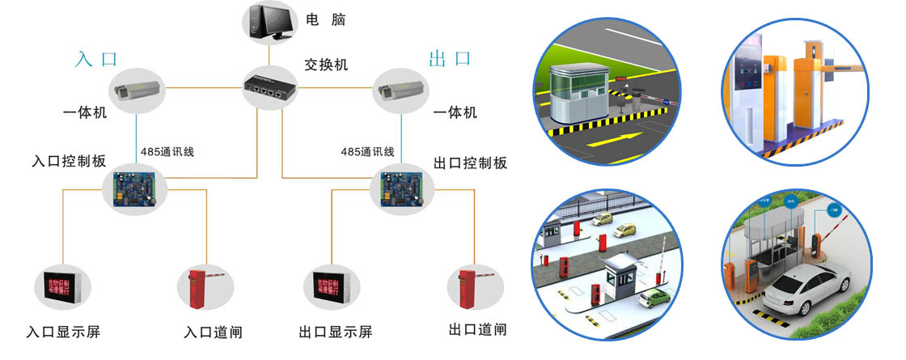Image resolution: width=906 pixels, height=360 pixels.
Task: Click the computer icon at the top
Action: (x=269, y=23)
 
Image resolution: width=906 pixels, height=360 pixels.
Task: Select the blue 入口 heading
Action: (x=97, y=59)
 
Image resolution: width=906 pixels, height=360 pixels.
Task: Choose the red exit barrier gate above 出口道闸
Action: (x=466, y=288)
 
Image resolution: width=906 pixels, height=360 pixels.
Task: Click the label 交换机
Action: (x=326, y=64)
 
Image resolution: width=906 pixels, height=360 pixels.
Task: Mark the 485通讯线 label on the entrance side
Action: (x=167, y=151)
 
